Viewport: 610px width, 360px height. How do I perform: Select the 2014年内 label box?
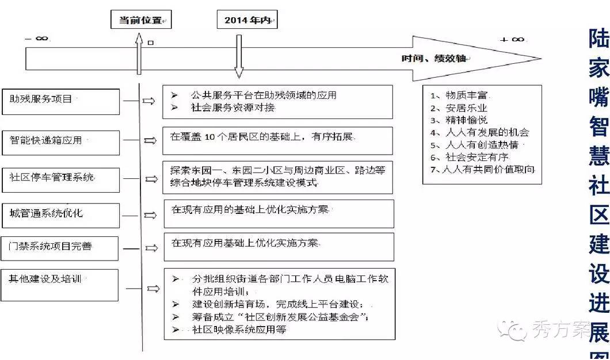(x=247, y=20)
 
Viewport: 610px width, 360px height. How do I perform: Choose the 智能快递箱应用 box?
(x=60, y=140)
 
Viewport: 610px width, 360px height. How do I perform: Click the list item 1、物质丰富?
(x=458, y=95)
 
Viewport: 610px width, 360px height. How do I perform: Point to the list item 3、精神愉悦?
(x=458, y=120)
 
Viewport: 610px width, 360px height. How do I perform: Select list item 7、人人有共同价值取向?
(x=483, y=170)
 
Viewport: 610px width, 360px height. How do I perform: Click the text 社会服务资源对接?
(x=233, y=108)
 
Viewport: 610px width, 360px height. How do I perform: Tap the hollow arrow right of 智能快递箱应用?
(x=150, y=140)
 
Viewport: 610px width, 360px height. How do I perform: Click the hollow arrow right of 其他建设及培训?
(x=153, y=289)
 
